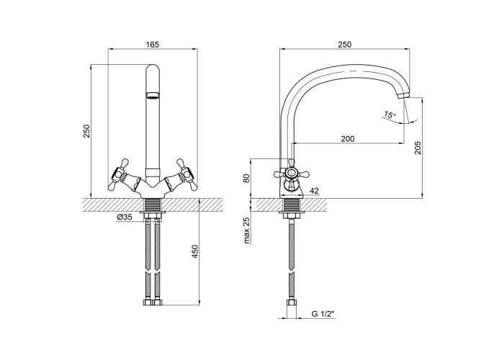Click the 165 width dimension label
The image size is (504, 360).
point(153,45)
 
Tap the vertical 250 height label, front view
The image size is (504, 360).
point(87,131)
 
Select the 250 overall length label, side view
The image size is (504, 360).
point(345,45)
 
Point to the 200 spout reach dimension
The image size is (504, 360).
point(348,138)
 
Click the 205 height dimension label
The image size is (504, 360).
point(417,148)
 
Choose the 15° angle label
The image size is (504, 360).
point(390,114)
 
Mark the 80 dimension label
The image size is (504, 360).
point(246,179)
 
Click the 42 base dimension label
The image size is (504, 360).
point(314,191)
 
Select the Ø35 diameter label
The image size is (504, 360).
point(125,217)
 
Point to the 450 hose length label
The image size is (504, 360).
point(195,252)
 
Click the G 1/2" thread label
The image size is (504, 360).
point(323,314)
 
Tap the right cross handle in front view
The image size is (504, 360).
point(185,175)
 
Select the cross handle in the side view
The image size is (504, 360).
point(291,174)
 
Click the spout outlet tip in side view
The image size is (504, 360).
point(403,96)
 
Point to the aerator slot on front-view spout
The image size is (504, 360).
point(153,95)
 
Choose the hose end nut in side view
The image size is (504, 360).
point(291,305)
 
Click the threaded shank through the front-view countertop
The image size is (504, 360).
point(153,205)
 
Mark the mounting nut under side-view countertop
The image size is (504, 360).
point(291,215)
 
